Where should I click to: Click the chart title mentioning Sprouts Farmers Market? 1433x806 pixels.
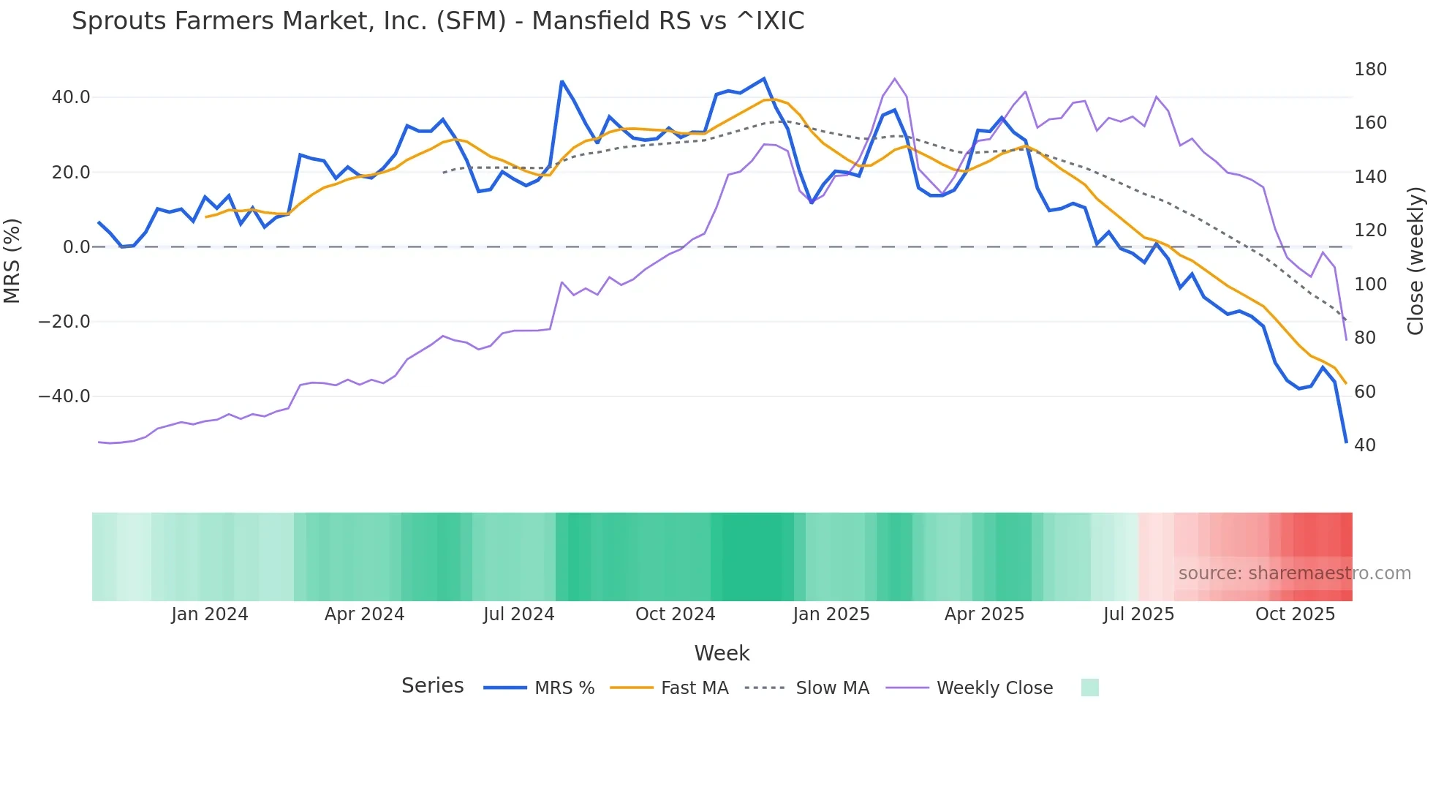click(437, 21)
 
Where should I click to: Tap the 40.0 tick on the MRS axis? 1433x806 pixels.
click(71, 97)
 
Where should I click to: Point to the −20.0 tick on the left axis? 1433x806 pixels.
click(64, 322)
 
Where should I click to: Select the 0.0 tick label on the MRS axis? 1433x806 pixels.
click(77, 247)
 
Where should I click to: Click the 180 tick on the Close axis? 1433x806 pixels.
click(1370, 69)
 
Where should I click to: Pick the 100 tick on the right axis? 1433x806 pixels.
click(1370, 285)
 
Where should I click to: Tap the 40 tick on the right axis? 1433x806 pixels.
click(1365, 445)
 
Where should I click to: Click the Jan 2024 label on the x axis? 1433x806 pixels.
click(210, 614)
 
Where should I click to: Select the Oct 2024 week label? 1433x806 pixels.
click(675, 614)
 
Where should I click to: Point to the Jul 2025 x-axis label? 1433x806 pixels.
click(1138, 614)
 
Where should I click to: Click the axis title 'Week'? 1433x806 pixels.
click(722, 653)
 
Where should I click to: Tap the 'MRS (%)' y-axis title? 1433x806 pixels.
click(12, 260)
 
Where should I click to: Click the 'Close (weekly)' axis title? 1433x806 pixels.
click(1415, 261)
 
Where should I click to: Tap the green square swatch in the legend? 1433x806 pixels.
click(1089, 688)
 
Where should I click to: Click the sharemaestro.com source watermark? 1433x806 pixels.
click(1294, 573)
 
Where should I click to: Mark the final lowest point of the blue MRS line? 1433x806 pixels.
click(1346, 442)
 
